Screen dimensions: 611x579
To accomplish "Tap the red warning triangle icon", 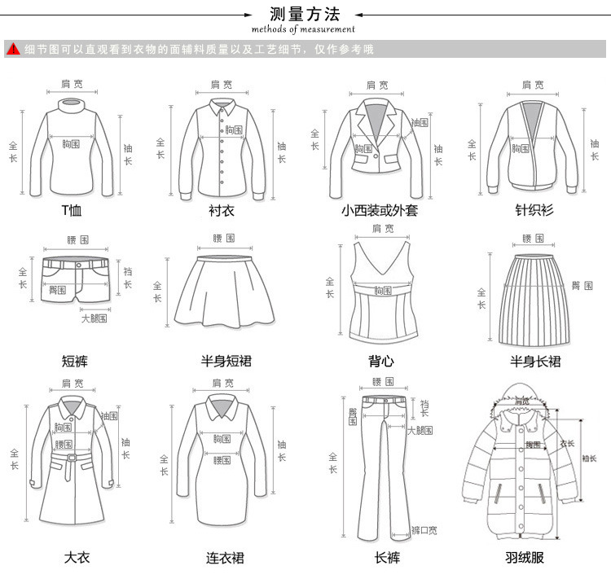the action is tap(12, 49).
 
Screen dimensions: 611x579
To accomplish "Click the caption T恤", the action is tap(73, 210).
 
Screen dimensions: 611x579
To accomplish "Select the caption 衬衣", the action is tap(222, 210).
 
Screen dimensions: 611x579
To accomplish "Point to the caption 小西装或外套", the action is tap(380, 210).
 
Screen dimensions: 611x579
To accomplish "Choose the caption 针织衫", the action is tap(534, 210).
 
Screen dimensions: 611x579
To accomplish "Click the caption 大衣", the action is tap(77, 558).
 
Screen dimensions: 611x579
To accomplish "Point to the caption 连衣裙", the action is tap(225, 559).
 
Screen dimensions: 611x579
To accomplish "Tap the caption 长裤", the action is tap(387, 558).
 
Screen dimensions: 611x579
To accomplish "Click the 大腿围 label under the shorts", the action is tap(94, 318).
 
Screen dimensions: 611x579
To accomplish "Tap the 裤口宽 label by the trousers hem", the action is tap(424, 530).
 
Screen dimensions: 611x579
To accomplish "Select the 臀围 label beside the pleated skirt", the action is tap(582, 285).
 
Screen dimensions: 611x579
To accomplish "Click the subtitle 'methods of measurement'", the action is tap(303, 29).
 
